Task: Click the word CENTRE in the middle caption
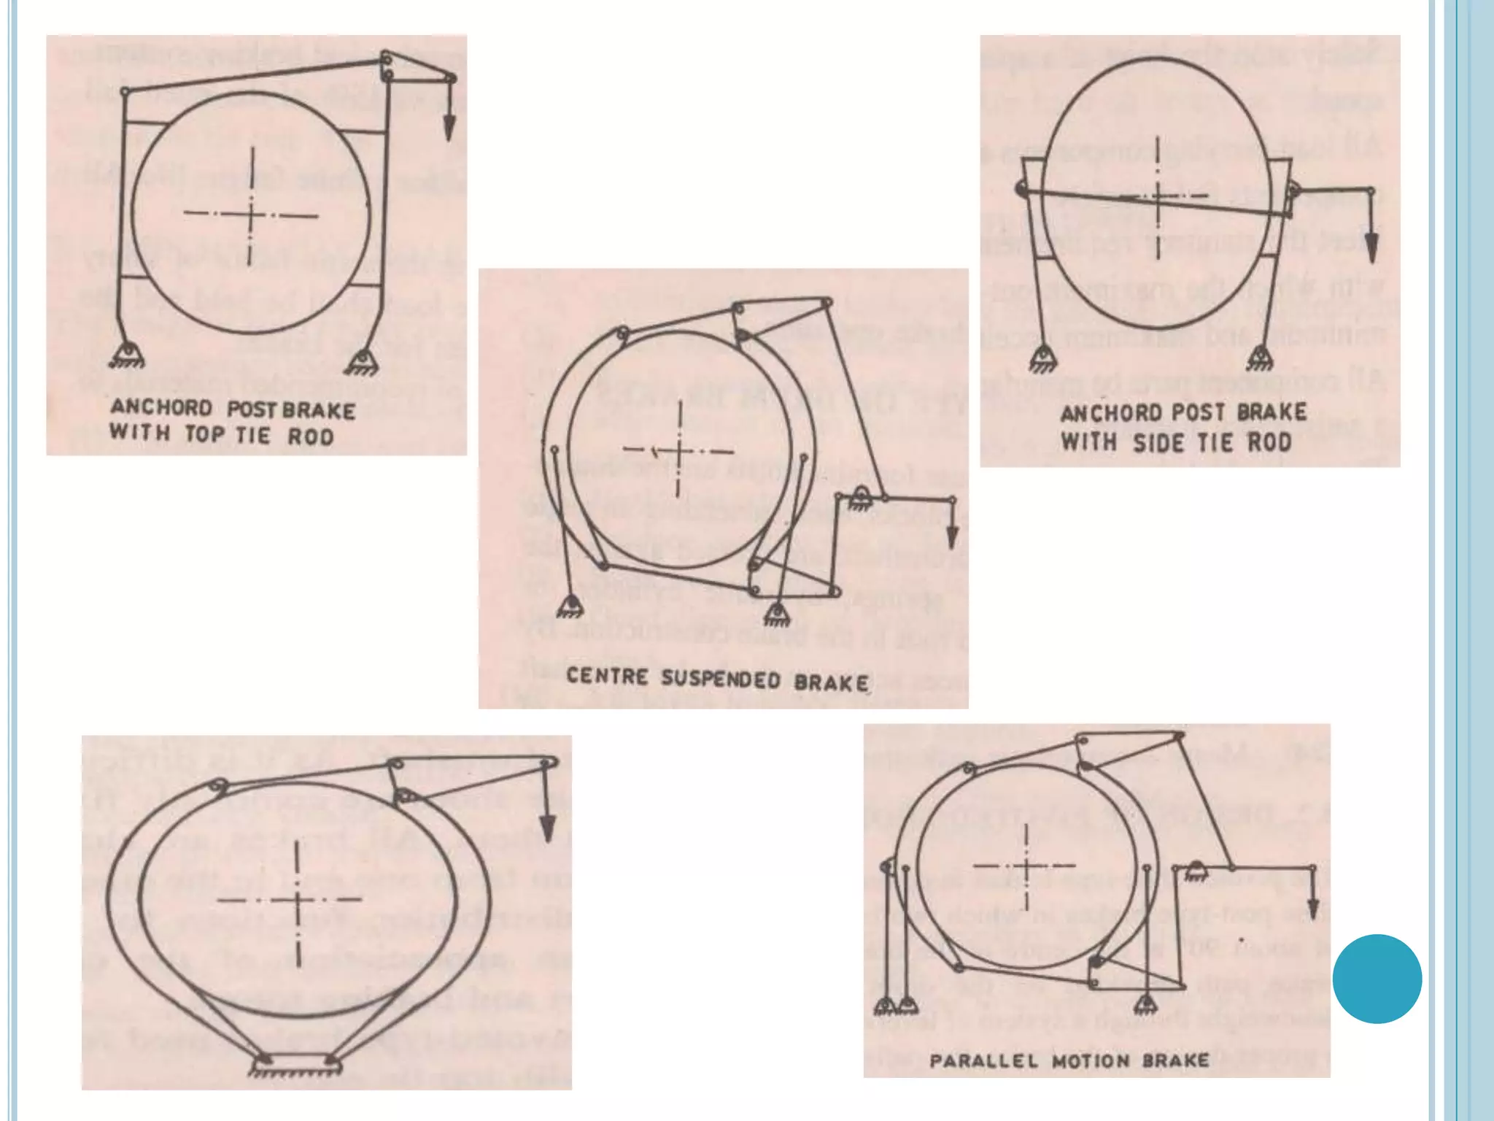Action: [x=607, y=676]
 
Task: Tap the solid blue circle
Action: [x=1377, y=978]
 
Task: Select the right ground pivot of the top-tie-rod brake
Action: [x=359, y=361]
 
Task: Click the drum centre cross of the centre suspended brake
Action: [x=679, y=450]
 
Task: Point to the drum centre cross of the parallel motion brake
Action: [x=1026, y=866]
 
